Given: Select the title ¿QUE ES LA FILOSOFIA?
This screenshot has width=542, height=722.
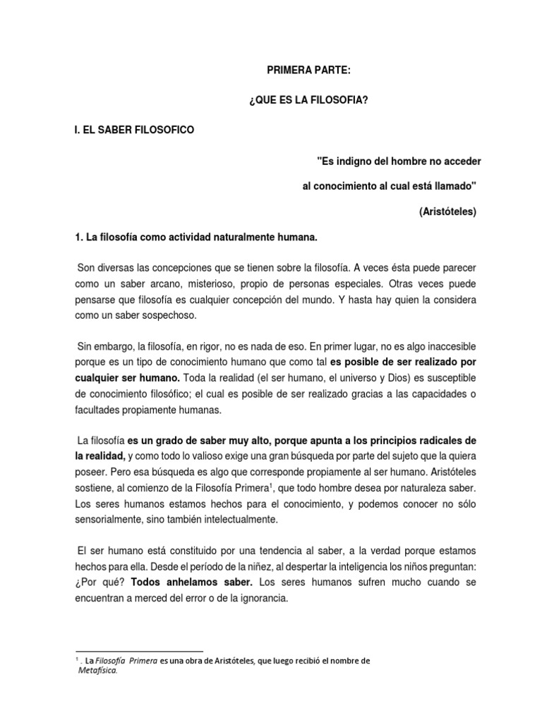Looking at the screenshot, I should click(x=307, y=101).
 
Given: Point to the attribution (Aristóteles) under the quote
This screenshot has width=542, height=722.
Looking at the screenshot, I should click(x=447, y=212).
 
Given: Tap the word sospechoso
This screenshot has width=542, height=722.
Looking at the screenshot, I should click(x=167, y=317).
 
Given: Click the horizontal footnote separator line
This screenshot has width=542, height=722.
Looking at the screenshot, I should click(x=138, y=651).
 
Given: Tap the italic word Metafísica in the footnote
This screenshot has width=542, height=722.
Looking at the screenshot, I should click(x=97, y=671).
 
